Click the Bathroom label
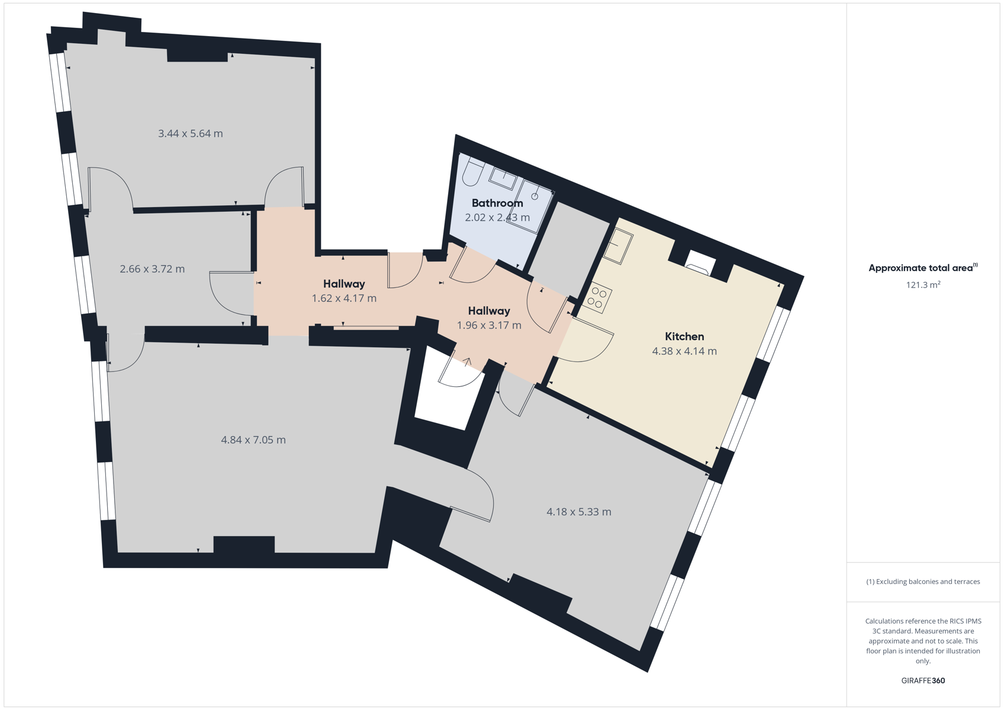(x=497, y=204)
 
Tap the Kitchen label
(x=684, y=337)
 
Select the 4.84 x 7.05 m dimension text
(x=253, y=440)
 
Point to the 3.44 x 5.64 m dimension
(x=191, y=134)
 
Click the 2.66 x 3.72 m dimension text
(x=152, y=269)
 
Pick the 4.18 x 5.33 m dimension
(x=578, y=512)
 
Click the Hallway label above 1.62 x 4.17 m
(x=344, y=284)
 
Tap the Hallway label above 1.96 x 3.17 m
(x=489, y=311)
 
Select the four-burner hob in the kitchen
(x=597, y=298)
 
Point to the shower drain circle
(x=535, y=196)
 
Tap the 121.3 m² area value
(x=923, y=285)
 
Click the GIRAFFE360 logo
(x=923, y=680)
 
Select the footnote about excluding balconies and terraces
(x=923, y=582)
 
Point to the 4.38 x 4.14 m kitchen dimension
(x=684, y=351)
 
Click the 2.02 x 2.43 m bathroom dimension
(x=497, y=218)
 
